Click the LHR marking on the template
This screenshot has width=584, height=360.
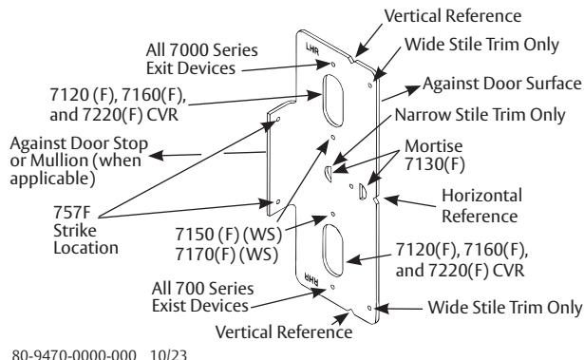click(312, 48)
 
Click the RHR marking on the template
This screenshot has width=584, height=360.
click(311, 279)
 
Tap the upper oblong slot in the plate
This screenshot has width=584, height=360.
click(332, 101)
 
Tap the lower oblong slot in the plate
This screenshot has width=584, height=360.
click(332, 250)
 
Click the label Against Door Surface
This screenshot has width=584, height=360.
click(502, 84)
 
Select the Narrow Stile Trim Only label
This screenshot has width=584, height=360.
click(480, 115)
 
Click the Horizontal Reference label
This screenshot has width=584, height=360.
click(481, 206)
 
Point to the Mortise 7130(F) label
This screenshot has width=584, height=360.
click(434, 156)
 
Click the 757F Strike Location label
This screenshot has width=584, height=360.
click(85, 230)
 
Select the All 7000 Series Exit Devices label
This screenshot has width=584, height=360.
click(201, 59)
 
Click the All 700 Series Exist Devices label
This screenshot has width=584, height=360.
click(202, 297)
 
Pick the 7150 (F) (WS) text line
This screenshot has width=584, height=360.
click(228, 235)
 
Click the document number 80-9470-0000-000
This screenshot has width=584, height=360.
click(74, 354)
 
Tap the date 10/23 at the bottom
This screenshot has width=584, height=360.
click(168, 354)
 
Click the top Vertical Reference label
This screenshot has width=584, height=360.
click(453, 16)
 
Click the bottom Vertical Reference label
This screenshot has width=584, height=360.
click(284, 332)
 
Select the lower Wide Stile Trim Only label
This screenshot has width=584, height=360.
click(504, 308)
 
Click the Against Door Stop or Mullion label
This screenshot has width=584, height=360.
click(79, 161)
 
